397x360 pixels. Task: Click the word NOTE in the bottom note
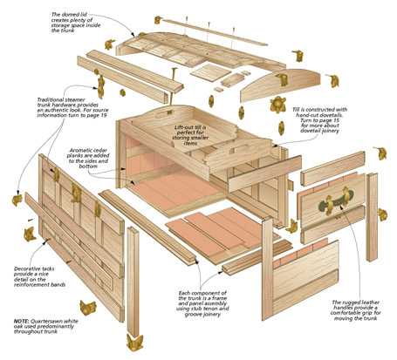(21, 321)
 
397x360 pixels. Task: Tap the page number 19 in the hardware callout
(103, 115)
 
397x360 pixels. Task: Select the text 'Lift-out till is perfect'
(190, 130)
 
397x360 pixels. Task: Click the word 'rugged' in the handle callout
(350, 302)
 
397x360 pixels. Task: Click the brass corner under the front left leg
(134, 342)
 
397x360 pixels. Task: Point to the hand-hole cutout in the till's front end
(237, 150)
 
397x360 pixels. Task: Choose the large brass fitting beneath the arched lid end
(277, 105)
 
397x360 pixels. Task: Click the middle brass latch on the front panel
(76, 194)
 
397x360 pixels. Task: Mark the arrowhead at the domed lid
(133, 35)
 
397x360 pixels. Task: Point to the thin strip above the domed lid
(215, 32)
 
